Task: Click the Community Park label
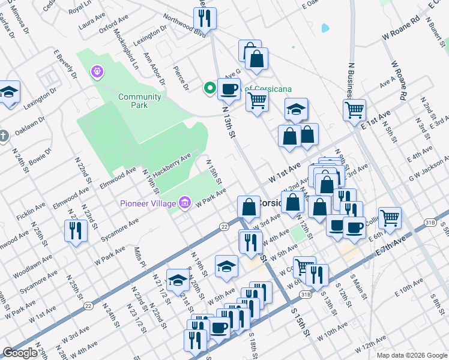point(140,101)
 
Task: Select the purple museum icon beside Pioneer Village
point(185,202)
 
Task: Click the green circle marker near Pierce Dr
point(209,88)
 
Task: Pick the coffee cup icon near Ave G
point(228,90)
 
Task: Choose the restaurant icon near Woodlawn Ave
point(76,230)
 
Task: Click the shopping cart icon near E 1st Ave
point(354,110)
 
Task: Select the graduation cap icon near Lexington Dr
point(8,92)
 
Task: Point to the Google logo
point(20,353)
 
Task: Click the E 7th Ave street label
point(408,244)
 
